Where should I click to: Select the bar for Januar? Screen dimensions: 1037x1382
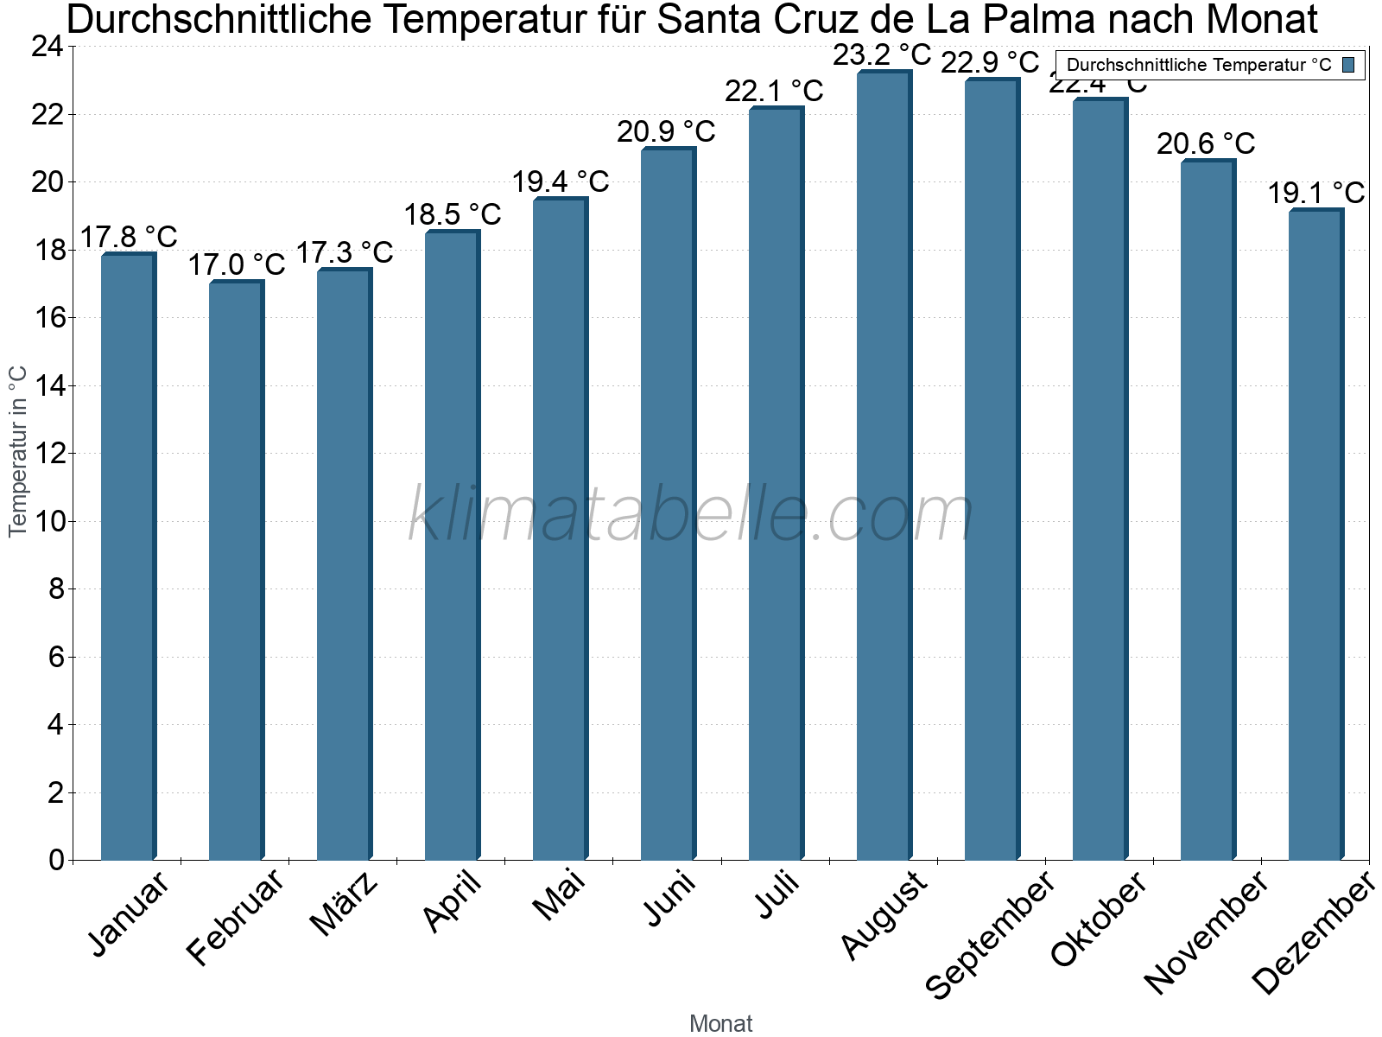(x=128, y=557)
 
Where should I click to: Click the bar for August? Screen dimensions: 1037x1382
(x=884, y=467)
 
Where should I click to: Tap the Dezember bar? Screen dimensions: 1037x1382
(x=1315, y=536)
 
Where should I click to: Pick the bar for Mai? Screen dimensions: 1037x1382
(x=560, y=529)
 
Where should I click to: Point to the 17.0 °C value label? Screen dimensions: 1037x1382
(x=236, y=264)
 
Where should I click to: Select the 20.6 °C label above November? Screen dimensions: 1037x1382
(x=1206, y=143)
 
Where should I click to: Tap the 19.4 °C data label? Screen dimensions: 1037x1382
(x=560, y=181)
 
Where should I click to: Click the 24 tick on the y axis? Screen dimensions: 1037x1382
(x=48, y=47)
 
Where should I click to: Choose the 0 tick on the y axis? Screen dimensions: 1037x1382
(x=56, y=860)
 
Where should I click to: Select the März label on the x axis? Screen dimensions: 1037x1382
(x=344, y=904)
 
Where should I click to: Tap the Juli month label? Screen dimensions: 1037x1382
(x=777, y=895)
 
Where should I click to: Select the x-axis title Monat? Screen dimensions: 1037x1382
(x=720, y=1024)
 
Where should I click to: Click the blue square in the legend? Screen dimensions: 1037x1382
(x=1348, y=65)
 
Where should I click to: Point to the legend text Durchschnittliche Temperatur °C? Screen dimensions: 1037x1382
(x=1199, y=65)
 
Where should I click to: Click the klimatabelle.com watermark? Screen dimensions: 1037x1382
(x=690, y=515)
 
